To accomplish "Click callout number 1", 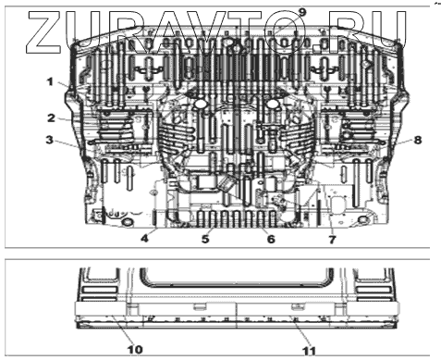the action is (x=50, y=82).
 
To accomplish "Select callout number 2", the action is (x=51, y=118).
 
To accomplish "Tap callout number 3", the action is (x=50, y=140).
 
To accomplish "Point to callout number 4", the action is (x=144, y=239).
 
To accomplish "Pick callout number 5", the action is (x=205, y=239).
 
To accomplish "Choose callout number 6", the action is (x=271, y=239).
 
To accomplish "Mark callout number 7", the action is (x=332, y=239).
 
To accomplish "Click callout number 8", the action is (x=418, y=140).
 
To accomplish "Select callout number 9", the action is (x=302, y=13).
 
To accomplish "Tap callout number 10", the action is (x=135, y=350).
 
